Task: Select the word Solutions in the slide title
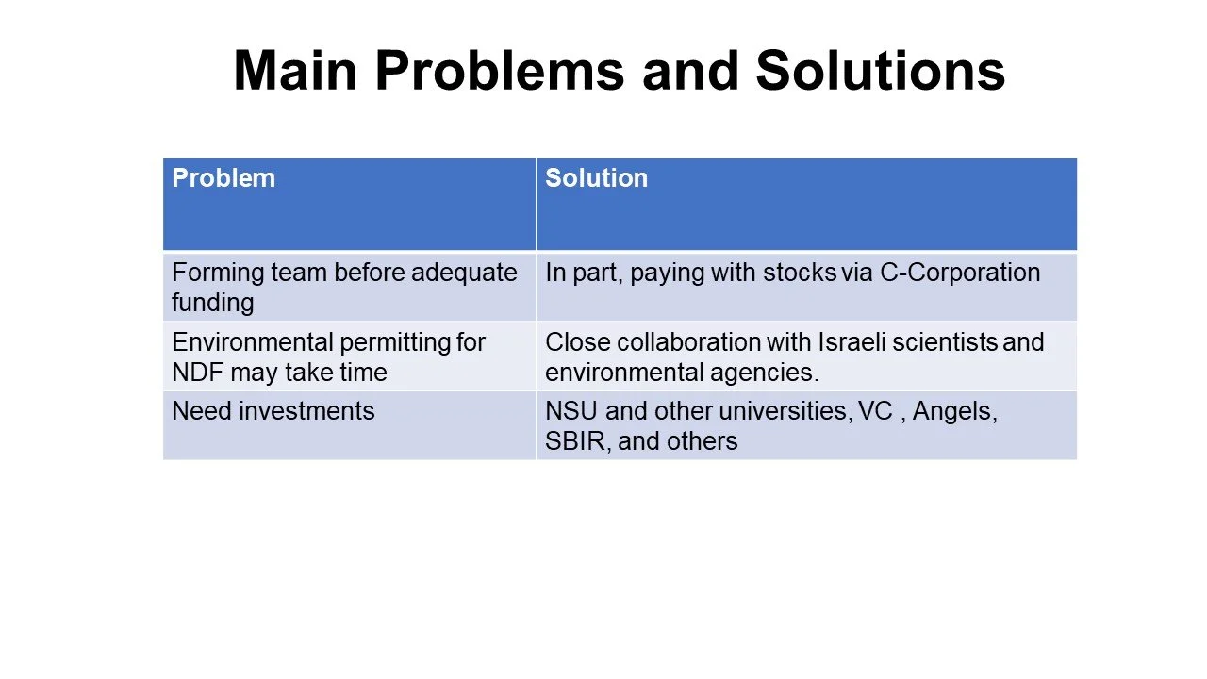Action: point(880,71)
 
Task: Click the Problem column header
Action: point(223,178)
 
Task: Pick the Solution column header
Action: point(596,178)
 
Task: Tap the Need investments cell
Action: point(273,411)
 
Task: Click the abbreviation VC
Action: point(875,411)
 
